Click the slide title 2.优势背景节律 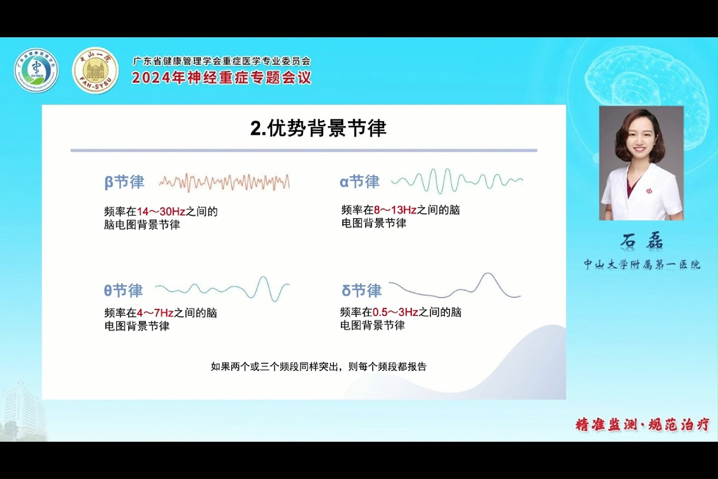[x=318, y=128]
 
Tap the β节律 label [x=125, y=182]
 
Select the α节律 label [x=359, y=181]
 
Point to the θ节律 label [x=123, y=291]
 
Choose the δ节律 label [x=361, y=291]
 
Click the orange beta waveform [x=224, y=182]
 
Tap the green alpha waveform [x=457, y=181]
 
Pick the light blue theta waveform [x=222, y=290]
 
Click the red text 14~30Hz [x=161, y=212]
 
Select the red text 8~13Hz [x=395, y=210]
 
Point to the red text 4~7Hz [x=155, y=313]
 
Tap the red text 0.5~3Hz [x=395, y=312]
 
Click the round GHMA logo [x=36, y=71]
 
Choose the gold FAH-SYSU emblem [x=95, y=71]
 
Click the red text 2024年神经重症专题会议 [x=222, y=78]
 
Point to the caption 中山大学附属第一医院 [x=641, y=264]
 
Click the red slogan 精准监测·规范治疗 [x=642, y=424]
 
